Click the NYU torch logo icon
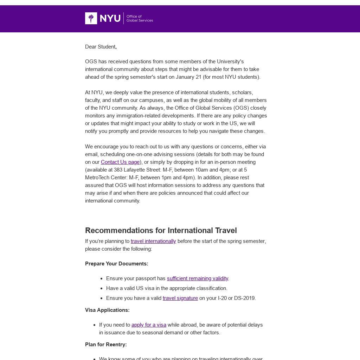[x=91, y=18]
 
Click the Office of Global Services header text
[x=140, y=18]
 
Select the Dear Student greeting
[x=101, y=47]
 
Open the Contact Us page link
[x=120, y=162]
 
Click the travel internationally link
[x=153, y=241]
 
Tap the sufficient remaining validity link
[x=198, y=278]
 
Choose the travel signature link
[x=180, y=298]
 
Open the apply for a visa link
[x=149, y=325]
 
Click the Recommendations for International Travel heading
[x=161, y=231]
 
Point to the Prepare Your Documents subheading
[x=117, y=264]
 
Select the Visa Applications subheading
[x=107, y=310]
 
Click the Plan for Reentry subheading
[x=106, y=345]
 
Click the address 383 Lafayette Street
[x=137, y=170]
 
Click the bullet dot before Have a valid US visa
[x=101, y=288]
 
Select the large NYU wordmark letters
[x=110, y=18]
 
